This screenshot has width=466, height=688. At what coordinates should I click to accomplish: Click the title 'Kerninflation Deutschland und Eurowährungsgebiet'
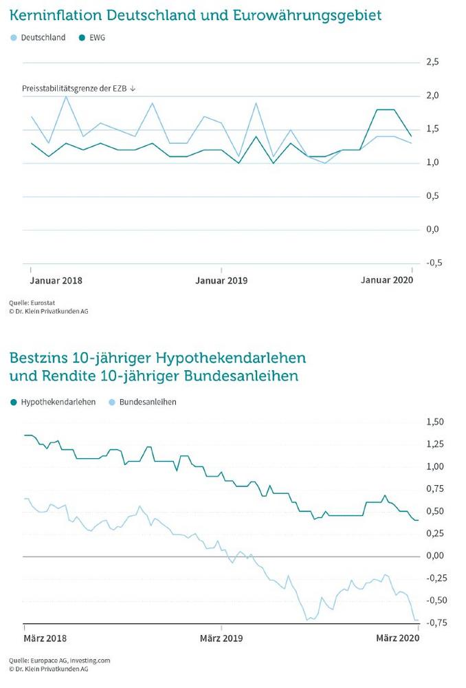(x=195, y=15)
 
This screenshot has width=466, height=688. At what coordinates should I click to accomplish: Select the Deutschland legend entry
(x=38, y=38)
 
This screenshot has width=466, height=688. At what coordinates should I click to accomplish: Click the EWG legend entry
(x=92, y=38)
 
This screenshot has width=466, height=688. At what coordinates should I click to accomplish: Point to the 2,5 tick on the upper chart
(x=432, y=62)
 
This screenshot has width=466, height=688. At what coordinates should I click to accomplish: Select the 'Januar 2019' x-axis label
(x=221, y=281)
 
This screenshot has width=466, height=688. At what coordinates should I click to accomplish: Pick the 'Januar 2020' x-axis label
(x=387, y=280)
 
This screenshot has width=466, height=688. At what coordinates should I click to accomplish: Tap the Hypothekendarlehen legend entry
(x=53, y=402)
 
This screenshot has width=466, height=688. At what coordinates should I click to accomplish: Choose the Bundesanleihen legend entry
(x=142, y=402)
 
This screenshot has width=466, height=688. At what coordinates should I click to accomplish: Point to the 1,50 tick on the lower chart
(x=435, y=422)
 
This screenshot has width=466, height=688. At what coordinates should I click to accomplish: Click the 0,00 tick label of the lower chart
(x=435, y=556)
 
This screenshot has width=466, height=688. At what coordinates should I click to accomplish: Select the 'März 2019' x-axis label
(x=221, y=638)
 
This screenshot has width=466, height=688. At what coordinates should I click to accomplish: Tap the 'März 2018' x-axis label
(x=45, y=638)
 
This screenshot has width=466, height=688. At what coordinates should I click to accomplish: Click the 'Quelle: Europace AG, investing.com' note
(x=60, y=660)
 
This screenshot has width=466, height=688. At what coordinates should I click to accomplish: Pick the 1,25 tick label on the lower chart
(x=435, y=444)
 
